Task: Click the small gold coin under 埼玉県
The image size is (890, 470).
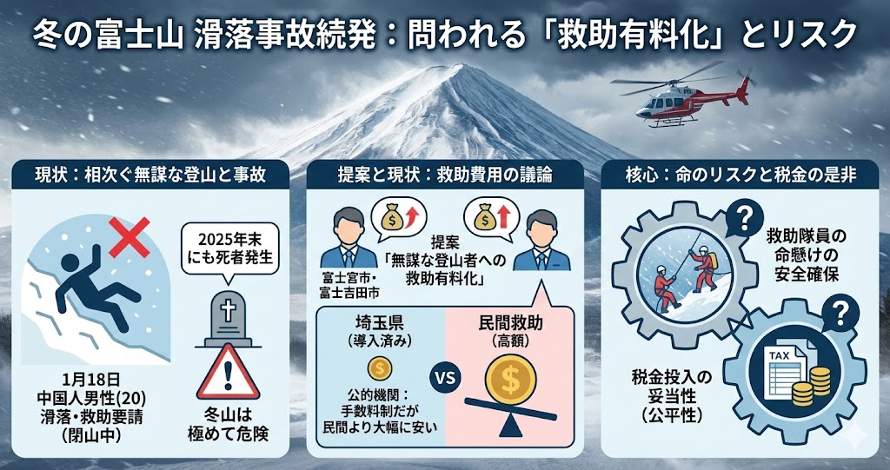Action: (x=379, y=367)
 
